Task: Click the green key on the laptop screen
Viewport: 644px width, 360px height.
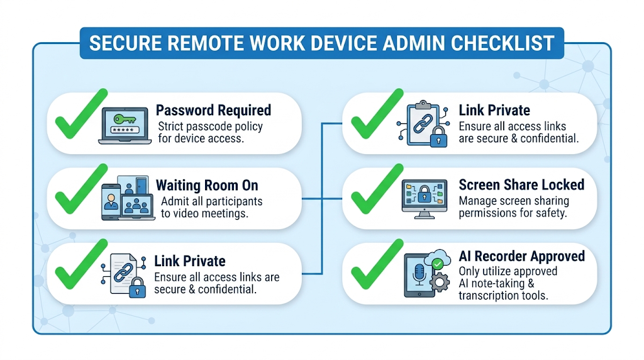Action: pyautogui.click(x=125, y=119)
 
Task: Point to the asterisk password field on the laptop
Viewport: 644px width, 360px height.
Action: pyautogui.click(x=125, y=130)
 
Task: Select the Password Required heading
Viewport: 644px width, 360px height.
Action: pyautogui.click(x=213, y=110)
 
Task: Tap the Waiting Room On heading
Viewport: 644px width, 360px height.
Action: pyautogui.click(x=207, y=185)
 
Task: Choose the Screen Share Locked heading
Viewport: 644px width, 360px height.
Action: pyautogui.click(x=521, y=185)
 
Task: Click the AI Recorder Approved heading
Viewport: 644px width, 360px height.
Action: pyautogui.click(x=521, y=256)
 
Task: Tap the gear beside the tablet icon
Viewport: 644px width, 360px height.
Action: pyautogui.click(x=440, y=283)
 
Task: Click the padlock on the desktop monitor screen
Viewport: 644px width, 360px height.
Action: pyautogui.click(x=425, y=194)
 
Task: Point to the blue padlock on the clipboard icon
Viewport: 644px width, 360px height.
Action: pyautogui.click(x=438, y=137)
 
